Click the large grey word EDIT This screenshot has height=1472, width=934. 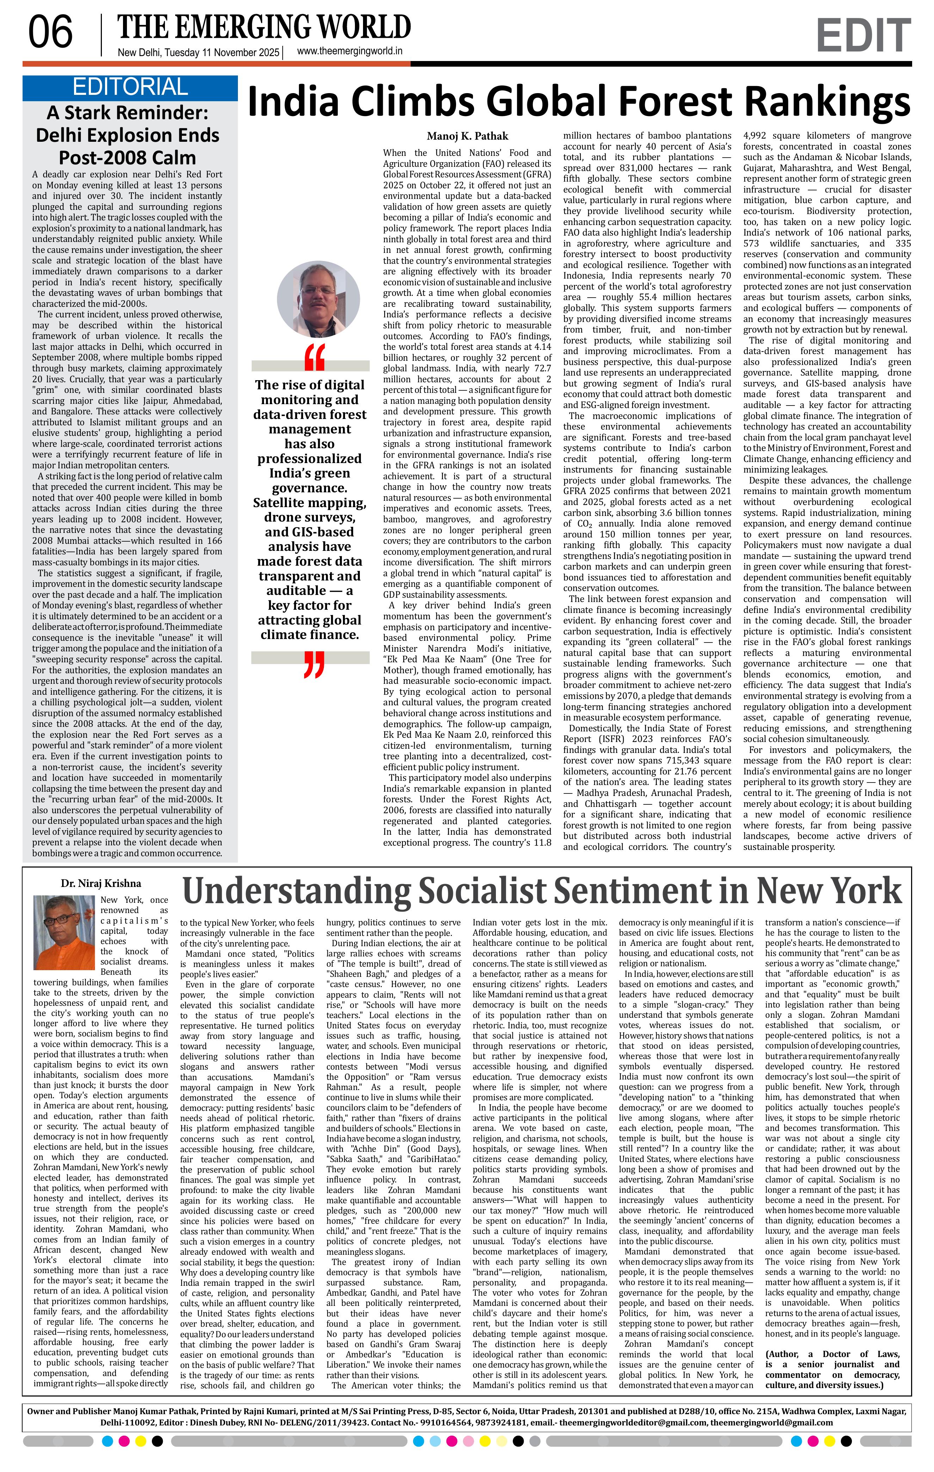point(863,36)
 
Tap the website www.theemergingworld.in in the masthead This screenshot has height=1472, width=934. point(349,52)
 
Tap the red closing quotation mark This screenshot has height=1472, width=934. point(313,666)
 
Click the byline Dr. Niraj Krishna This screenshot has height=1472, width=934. point(101,883)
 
